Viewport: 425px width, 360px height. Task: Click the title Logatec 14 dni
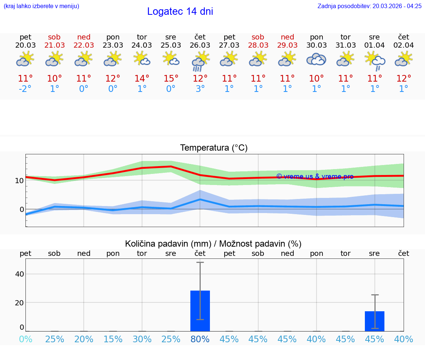coord(180,11)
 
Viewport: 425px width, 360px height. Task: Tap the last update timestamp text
coord(369,6)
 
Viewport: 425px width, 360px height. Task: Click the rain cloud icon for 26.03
coord(200,61)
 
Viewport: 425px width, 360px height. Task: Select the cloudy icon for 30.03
coord(316,59)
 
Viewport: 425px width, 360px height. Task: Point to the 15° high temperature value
coord(171,79)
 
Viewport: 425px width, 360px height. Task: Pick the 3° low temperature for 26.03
coord(200,89)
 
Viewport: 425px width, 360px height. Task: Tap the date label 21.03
coord(55,45)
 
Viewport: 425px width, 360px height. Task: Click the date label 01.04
coord(374,45)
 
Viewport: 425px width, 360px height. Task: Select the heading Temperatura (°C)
coord(214,148)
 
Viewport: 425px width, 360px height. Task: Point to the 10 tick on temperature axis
coord(20,181)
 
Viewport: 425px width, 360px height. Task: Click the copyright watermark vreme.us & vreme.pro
coord(315,176)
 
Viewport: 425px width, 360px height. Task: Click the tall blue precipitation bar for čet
coord(200,311)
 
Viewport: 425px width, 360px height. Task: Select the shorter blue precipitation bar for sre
coord(374,321)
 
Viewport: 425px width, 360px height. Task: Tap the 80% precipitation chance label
coord(200,339)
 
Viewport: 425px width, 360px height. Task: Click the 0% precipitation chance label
coord(25,339)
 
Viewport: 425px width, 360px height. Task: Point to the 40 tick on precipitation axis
coord(20,274)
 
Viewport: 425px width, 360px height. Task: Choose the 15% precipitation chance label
coord(113,339)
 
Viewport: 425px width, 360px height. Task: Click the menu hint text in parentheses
coord(41,6)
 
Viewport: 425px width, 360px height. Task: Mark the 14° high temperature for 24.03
coord(142,79)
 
